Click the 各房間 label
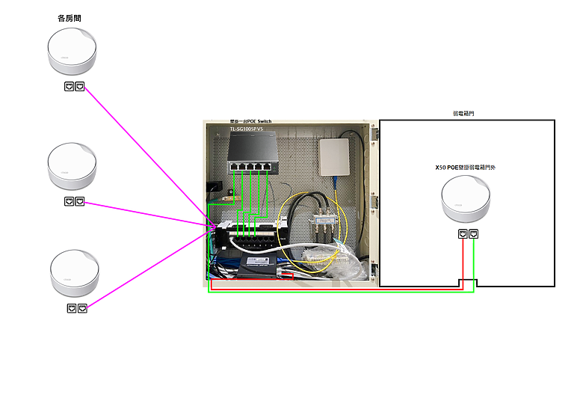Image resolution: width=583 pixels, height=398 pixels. pos(70,17)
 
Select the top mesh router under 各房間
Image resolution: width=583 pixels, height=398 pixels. pos(72,52)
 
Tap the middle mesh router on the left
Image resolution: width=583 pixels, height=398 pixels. pos(72,167)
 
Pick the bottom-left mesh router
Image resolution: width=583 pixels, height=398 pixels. pos(74,274)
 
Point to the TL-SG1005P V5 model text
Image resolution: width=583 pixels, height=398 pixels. pos(247,129)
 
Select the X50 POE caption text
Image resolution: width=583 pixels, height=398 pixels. pos(466,168)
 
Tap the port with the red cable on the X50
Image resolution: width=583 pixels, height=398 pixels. pos(463,235)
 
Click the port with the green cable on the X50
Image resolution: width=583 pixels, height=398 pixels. pos(474,235)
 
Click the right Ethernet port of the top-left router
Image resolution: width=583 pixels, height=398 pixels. pos(80,87)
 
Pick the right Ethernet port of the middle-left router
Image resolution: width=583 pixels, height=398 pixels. pos(80,202)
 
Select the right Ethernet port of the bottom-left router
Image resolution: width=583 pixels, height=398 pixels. pos(82,308)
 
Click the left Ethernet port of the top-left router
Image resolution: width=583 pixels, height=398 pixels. pos(70,87)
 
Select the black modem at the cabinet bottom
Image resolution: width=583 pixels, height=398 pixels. pos(257,263)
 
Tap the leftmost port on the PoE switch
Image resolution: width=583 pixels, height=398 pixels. pos(234,166)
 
